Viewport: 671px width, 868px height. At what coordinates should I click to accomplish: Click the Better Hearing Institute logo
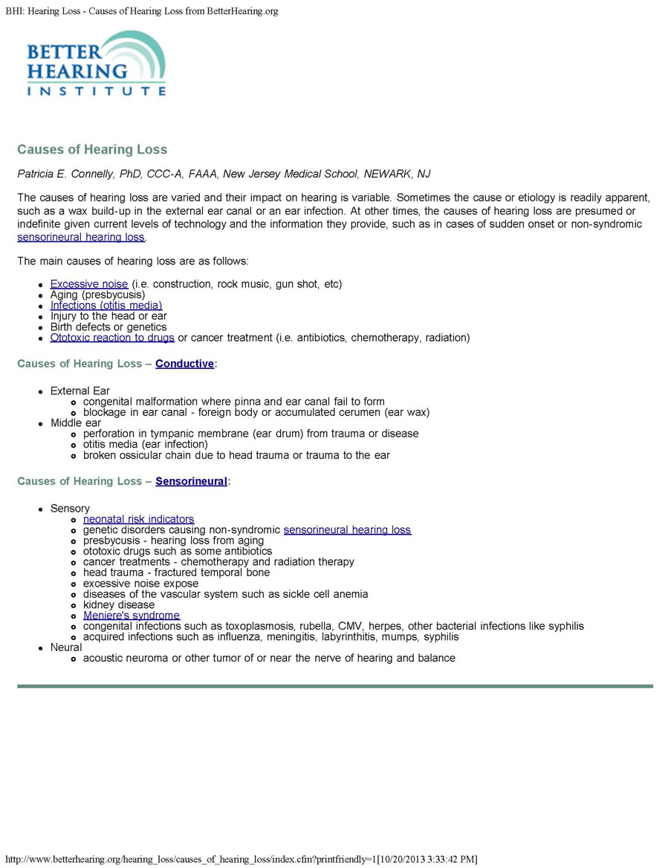96,65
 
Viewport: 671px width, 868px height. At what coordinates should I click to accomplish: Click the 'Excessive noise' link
89,284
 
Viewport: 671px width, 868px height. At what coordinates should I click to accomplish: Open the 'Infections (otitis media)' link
106,305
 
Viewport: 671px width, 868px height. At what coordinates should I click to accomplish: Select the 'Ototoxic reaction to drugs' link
112,338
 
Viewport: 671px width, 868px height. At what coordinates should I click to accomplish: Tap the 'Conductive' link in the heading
184,364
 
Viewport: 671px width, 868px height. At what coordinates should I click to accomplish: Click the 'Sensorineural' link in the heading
191,481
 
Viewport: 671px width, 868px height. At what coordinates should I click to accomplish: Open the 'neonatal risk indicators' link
138,519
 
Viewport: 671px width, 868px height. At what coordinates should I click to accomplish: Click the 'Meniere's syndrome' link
132,616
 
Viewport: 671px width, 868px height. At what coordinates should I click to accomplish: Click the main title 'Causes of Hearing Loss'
92,149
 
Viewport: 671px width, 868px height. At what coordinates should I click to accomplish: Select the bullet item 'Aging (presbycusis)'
97,295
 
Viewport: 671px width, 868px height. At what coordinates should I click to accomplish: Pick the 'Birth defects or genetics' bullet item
108,327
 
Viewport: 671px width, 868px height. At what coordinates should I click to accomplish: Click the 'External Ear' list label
80,391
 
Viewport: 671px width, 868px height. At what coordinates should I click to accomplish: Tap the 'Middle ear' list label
76,423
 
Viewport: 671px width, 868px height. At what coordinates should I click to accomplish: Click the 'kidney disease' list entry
119,605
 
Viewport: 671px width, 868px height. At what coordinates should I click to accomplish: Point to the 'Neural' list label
66,647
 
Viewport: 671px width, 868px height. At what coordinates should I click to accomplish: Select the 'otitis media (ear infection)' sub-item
146,444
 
